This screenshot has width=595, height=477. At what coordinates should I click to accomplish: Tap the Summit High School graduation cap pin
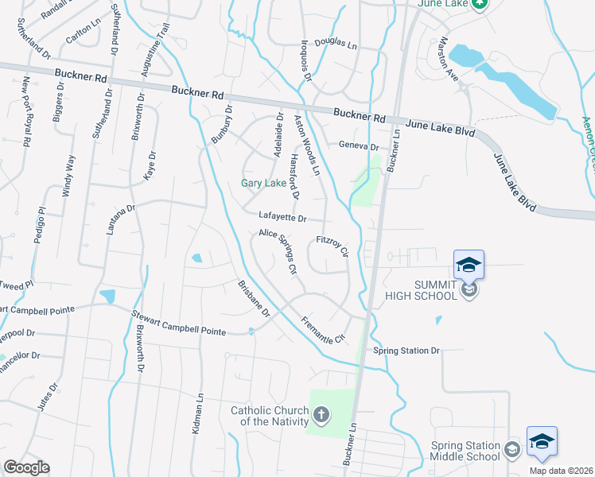click(x=469, y=264)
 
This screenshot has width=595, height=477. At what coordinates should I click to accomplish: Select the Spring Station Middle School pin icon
click(x=542, y=441)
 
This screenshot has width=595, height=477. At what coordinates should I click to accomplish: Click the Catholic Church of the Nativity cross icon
click(x=321, y=414)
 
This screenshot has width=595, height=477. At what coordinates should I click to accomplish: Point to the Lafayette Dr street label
click(x=282, y=216)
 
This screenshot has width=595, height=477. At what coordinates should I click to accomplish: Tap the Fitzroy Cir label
click(x=332, y=246)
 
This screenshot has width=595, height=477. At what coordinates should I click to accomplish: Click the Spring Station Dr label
click(x=406, y=350)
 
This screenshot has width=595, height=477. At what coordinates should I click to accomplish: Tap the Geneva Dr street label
click(x=359, y=145)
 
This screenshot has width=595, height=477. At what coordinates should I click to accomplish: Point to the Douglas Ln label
click(x=336, y=45)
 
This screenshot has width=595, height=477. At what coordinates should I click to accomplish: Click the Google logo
click(x=26, y=467)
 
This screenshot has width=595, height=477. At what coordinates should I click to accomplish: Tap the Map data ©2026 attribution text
click(x=559, y=471)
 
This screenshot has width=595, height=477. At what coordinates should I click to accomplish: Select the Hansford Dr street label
click(x=294, y=176)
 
